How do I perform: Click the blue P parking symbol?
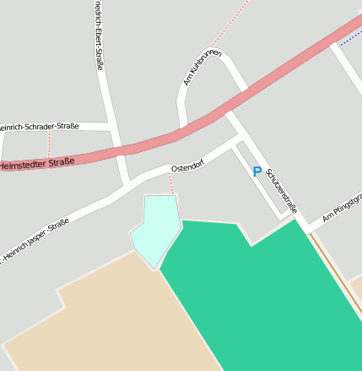pos(257,172)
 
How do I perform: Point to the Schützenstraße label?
pos(282,189)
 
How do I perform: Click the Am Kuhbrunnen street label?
pos(202,68)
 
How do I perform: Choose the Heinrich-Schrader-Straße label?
pos(41,127)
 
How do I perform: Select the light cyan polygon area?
pos(155,230)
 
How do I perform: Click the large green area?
pos(270,296)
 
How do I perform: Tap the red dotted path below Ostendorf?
pos(172,185)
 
